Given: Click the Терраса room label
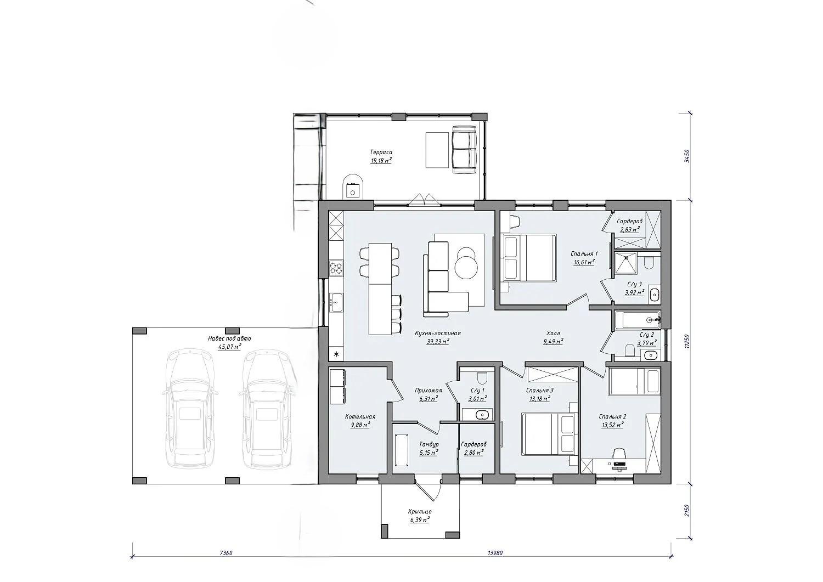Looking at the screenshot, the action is pos(381,152).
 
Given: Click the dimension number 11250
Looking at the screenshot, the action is pos(687,341).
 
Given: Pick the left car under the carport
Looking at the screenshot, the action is pos(190,408).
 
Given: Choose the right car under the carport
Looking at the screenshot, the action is pos(267,408).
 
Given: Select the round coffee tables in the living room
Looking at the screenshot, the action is pos(466,263).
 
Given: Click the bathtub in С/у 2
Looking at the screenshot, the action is pos(637,320).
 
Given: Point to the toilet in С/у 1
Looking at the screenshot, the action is pos(482,377).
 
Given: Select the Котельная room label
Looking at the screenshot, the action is pos(360,417).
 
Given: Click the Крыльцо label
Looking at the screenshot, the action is pos(420,511).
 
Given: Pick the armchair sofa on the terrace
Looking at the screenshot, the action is pos(464,149).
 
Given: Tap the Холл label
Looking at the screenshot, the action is pos(553,334).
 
